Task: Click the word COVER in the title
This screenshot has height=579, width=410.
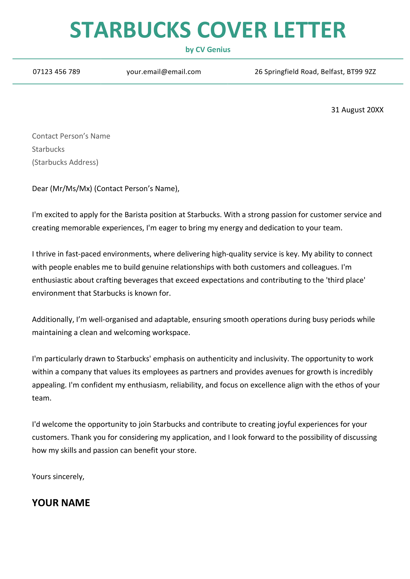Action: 232,30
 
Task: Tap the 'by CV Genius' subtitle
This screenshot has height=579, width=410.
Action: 208,49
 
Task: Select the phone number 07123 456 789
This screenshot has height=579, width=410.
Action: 56,72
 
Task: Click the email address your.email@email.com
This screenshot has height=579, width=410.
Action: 163,72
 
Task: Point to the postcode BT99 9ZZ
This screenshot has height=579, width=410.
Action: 361,72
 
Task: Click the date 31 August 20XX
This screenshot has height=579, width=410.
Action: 357,110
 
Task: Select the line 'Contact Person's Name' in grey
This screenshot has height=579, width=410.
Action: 71,136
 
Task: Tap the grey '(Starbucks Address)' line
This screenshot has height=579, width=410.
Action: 65,162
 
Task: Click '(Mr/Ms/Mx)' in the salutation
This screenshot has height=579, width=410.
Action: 71,189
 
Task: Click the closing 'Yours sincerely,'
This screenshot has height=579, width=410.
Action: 58,477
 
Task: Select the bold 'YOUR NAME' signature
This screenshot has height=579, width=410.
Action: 61,503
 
